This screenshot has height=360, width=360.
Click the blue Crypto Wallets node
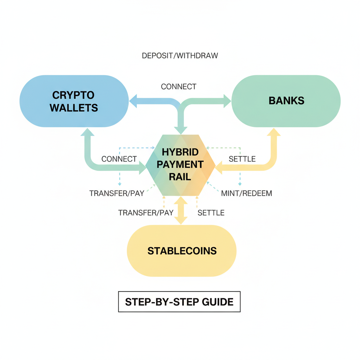pos(74,101)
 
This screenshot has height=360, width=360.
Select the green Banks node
pos(286,101)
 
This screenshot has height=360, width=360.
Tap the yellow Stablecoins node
pos(182,251)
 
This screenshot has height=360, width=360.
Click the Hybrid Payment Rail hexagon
pos(180,165)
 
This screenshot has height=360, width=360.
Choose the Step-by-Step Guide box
pos(179,302)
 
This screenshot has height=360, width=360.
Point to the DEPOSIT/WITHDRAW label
pos(180,56)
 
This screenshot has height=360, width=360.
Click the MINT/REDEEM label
pos(246,193)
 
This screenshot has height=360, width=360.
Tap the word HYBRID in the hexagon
pos(180,153)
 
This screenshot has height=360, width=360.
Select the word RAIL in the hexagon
pos(180,176)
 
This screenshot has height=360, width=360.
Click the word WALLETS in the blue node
pos(74,108)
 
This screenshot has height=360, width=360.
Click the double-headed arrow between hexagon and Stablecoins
pos(181,210)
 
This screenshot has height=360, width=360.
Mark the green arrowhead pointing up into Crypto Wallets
pos(88,133)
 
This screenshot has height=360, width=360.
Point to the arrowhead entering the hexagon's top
pos(181,130)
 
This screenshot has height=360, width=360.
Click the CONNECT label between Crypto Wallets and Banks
pos(179,86)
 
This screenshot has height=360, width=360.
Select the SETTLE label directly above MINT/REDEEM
pos(242,159)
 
